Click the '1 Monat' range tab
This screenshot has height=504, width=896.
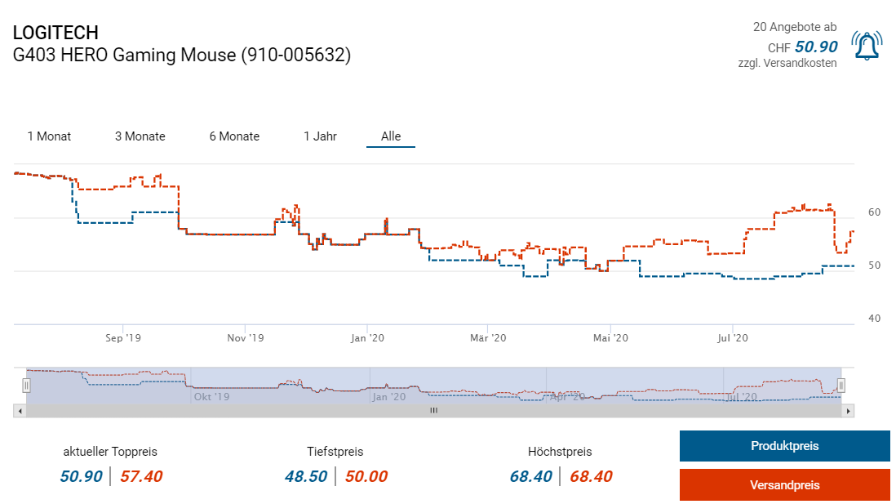point(49,136)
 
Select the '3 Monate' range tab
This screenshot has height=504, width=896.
point(140,136)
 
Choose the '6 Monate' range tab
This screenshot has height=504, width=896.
point(234,136)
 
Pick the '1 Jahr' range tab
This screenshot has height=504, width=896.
point(320,136)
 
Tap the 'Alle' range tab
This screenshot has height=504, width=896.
point(391,136)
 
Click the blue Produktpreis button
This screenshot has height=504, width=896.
point(784,446)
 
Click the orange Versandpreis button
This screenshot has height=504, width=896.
point(784,484)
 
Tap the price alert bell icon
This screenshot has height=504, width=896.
point(867,46)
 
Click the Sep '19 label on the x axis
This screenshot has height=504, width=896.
point(123,337)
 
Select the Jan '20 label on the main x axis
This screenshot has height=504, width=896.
point(367,337)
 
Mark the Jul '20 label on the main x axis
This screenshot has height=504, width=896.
point(733,337)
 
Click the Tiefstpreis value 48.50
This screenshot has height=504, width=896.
point(306,476)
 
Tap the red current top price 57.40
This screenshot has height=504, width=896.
point(141,476)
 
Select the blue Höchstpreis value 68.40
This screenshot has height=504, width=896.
point(530,476)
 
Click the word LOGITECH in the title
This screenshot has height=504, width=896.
point(55,33)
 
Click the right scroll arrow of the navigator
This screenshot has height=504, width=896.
point(849,411)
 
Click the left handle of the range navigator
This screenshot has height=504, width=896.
point(26,385)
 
